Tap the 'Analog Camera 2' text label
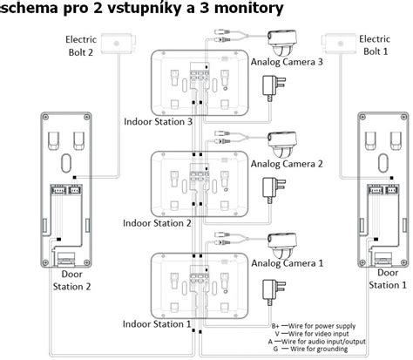tap(287, 164)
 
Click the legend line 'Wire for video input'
tap(316, 334)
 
